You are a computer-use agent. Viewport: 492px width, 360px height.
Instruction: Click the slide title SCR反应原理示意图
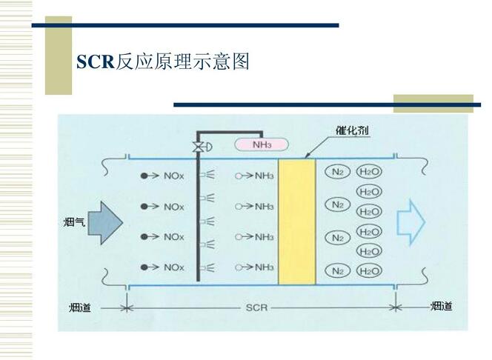pos(163,61)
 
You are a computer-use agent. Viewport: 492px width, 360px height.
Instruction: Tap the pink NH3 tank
pos(262,144)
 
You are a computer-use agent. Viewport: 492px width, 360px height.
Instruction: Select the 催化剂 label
pos(352,130)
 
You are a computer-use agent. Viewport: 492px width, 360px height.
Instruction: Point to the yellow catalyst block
pos(297,221)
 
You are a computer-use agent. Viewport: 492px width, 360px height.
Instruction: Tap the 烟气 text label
pos(74,222)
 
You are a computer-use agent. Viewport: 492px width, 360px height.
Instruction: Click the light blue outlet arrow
pos(411,222)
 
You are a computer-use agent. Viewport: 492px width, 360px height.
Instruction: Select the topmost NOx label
pos(174,176)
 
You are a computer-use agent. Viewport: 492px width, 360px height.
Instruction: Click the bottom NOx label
pos(174,267)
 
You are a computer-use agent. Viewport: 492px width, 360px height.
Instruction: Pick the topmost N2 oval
pos(337,172)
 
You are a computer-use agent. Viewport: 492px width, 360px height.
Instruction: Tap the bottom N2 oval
pos(338,270)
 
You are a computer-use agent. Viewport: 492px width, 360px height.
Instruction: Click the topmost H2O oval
pos(369,172)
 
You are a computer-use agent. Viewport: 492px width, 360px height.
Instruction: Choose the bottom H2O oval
pos(369,271)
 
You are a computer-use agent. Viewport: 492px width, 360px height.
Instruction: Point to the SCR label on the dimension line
pos(256,307)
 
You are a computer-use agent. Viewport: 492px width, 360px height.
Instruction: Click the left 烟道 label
pos(80,307)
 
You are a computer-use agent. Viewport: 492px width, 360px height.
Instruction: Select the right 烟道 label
pos(441,306)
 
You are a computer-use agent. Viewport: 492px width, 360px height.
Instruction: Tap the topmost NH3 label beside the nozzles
pos(265,176)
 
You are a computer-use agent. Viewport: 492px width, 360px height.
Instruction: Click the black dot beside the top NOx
pos(144,176)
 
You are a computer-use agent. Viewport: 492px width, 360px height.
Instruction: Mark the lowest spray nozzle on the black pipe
pos(207,268)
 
